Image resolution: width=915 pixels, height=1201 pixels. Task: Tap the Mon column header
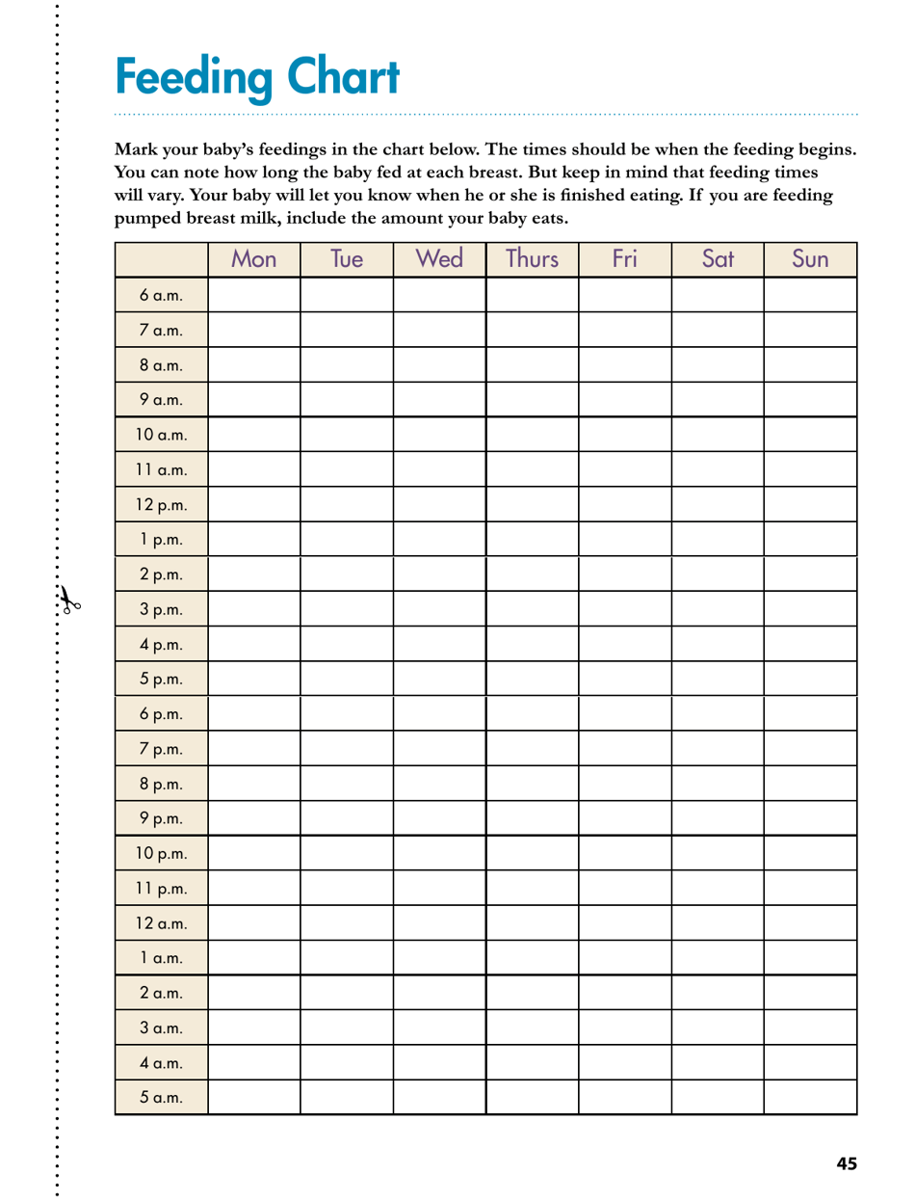(254, 260)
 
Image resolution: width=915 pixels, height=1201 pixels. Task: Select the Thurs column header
(533, 260)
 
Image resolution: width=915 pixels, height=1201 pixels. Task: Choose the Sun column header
(810, 260)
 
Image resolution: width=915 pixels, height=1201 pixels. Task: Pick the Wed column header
(439, 260)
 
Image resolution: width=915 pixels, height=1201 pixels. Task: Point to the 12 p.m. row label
(161, 502)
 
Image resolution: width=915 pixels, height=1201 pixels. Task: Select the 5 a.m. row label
(161, 1096)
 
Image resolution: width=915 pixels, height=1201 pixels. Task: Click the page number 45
(846, 1163)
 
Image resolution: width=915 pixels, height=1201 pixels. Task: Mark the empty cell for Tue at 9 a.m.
(347, 398)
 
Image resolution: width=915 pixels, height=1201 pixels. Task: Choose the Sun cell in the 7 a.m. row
(810, 328)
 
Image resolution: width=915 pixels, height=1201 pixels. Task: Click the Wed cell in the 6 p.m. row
(439, 712)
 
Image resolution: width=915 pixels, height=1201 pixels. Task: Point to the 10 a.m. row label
(161, 433)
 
